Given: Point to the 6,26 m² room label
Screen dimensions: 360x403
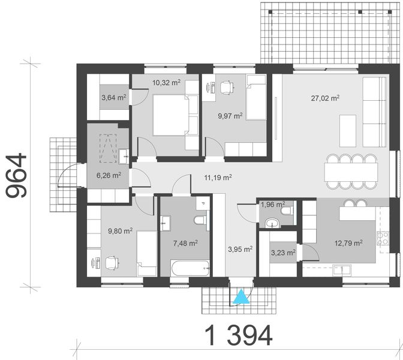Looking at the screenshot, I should pyautogui.click(x=109, y=176).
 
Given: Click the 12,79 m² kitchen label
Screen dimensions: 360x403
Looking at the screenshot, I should pyautogui.click(x=348, y=243).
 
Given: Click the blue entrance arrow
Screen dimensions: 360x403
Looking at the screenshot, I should pyautogui.click(x=242, y=296).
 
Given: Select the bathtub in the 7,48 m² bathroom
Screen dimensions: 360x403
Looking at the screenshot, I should pyautogui.click(x=189, y=268).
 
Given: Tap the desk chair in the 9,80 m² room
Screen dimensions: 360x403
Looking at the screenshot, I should pyautogui.click(x=110, y=263).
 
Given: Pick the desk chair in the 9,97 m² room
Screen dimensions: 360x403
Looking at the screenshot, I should pyautogui.click(x=225, y=87).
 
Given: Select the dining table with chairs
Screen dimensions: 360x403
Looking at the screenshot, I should pyautogui.click(x=352, y=171).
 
